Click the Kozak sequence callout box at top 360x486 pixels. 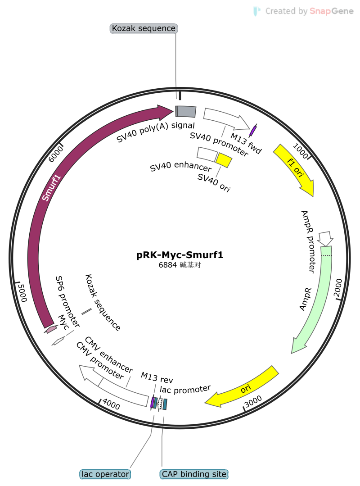(x=144, y=28)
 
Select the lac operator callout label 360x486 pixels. (x=105, y=474)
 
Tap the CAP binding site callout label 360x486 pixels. (x=194, y=474)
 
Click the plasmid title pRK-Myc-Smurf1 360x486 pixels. (x=180, y=255)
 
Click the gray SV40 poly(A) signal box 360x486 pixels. (x=186, y=112)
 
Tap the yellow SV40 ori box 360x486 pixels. (x=224, y=160)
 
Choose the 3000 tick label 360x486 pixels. (x=253, y=401)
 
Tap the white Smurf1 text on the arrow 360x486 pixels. (x=51, y=188)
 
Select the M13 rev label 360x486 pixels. (x=157, y=377)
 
